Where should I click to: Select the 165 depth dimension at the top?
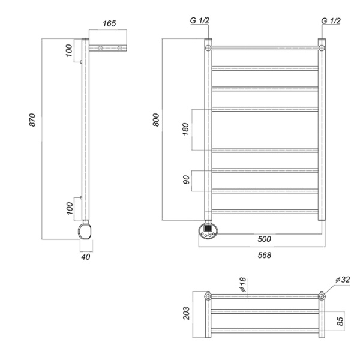tap(109, 24)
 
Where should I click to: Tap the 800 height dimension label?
tap(155, 119)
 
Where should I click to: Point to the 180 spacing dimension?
tap(185, 129)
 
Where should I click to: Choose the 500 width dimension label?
tap(264, 239)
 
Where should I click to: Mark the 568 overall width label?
tap(264, 254)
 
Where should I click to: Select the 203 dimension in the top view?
tap(186, 313)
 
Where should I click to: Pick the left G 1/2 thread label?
tap(200, 21)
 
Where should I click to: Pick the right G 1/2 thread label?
tap(330, 21)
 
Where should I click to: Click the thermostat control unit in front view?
tap(209, 230)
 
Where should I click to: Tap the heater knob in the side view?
tap(85, 232)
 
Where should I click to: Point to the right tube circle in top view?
tap(322, 296)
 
